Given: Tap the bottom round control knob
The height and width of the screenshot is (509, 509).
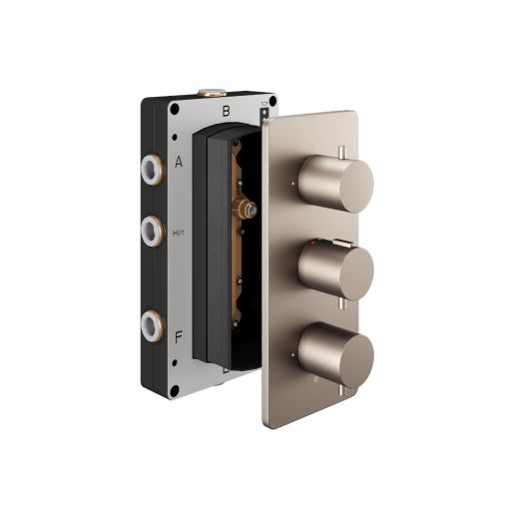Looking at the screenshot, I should (345, 355).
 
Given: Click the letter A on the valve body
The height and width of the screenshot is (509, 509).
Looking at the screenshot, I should (179, 161).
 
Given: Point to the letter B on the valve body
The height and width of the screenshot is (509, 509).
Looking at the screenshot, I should (227, 112).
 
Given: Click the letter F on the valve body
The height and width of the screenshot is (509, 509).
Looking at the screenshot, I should (179, 336).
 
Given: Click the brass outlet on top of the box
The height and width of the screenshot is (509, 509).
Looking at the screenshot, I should (213, 93).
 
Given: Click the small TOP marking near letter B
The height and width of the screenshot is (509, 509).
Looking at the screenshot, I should (263, 103).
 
